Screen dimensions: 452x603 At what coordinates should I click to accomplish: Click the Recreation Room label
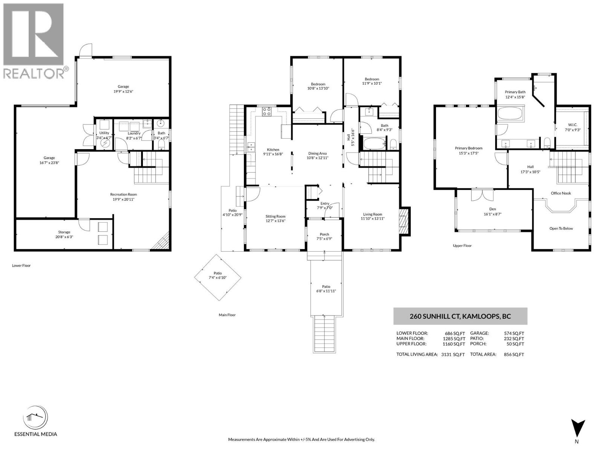tap(123, 194)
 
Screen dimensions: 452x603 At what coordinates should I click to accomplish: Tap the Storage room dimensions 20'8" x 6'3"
tap(64, 237)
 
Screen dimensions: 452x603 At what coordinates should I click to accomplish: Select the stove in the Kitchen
tap(266, 111)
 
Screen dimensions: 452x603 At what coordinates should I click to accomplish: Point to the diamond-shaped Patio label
tap(217, 273)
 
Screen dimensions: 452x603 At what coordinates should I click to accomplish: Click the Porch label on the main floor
tap(324, 234)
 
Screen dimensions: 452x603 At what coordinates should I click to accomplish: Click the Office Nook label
tap(561, 193)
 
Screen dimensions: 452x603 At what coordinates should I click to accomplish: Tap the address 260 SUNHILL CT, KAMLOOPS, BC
tap(460, 316)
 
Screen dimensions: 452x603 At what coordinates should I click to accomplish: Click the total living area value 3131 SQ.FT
tap(453, 354)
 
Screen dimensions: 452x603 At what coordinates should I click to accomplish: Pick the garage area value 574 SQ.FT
tap(514, 333)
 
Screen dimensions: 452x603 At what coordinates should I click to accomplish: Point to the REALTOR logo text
tap(34, 73)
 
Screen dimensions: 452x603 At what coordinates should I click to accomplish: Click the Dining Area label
tap(317, 153)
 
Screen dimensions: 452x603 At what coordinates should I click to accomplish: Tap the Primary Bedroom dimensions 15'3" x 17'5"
tap(468, 153)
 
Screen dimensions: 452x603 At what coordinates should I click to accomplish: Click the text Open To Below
tap(561, 228)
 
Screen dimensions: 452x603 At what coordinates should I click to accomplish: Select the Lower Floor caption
tap(21, 266)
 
